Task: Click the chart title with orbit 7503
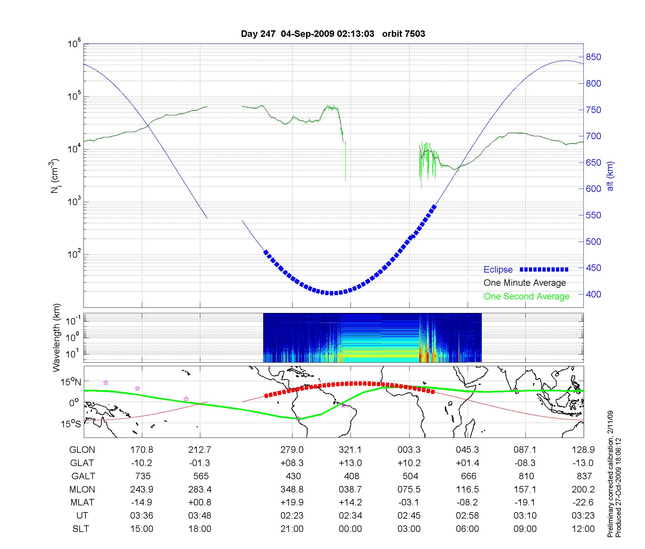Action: point(333,34)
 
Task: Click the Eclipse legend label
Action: point(498,270)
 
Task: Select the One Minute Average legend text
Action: point(525,283)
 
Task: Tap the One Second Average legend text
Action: point(526,296)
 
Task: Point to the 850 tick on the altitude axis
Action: point(593,57)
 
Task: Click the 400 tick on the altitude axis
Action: point(593,294)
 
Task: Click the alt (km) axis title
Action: point(610,176)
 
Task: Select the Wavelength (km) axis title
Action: point(56,337)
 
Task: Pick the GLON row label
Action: point(82,450)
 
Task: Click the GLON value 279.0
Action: point(292,450)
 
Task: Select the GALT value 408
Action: point(352,476)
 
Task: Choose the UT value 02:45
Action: point(409,516)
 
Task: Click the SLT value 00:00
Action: point(350,529)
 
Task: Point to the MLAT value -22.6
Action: point(583,502)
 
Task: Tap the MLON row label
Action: point(82,490)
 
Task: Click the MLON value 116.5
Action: point(467,490)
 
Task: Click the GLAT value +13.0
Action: point(350,463)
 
